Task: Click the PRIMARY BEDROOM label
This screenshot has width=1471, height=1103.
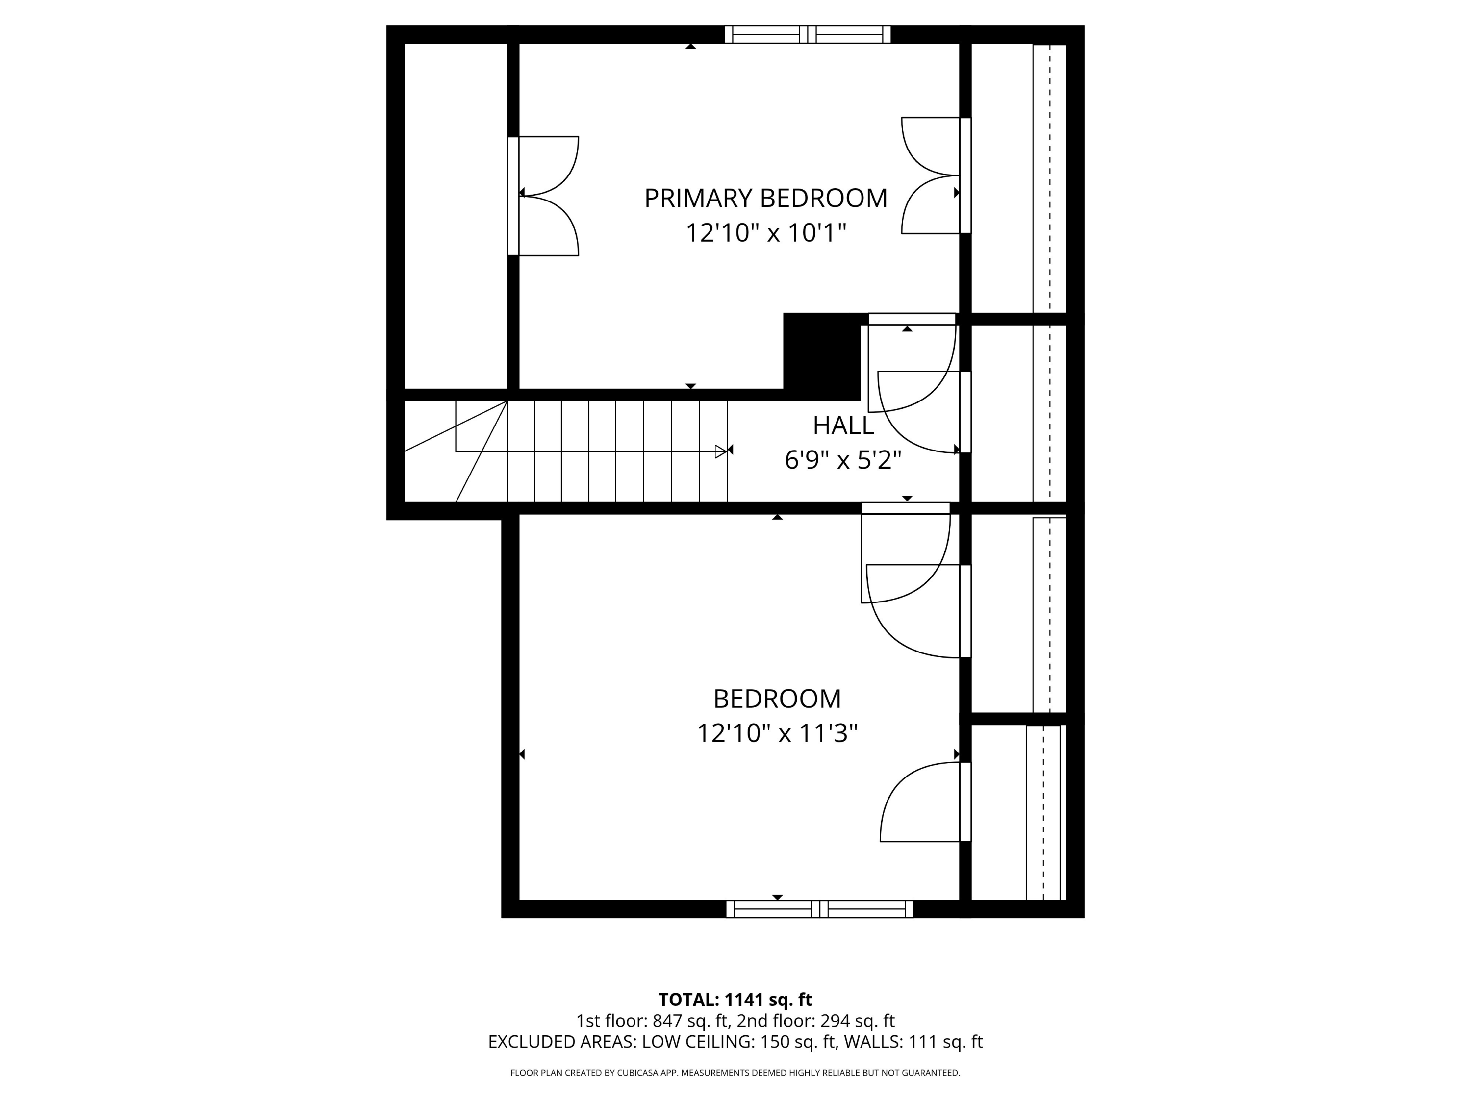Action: pyautogui.click(x=765, y=198)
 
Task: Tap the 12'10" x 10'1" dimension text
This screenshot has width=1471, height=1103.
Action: pyautogui.click(x=765, y=233)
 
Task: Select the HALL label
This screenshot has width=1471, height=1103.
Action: pyautogui.click(x=843, y=426)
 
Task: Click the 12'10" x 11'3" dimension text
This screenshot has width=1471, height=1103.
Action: pyautogui.click(x=777, y=733)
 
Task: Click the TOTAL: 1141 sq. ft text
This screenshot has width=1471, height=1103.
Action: pyautogui.click(x=735, y=999)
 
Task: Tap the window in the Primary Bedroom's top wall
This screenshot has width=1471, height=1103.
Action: pyautogui.click(x=807, y=35)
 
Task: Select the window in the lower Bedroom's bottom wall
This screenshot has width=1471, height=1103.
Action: pyautogui.click(x=819, y=909)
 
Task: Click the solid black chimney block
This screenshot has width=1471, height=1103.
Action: pyautogui.click(x=822, y=357)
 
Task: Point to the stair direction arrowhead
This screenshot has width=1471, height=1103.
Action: pyautogui.click(x=721, y=451)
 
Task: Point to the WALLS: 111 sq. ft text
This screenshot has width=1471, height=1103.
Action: pyautogui.click(x=913, y=1042)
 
